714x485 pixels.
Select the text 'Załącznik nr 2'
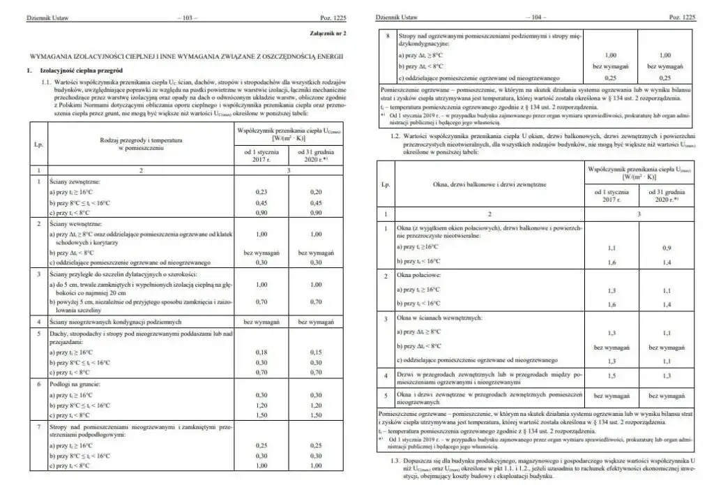[x=328, y=33]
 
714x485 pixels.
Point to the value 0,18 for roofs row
[x=262, y=353]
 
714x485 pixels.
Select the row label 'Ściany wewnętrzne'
[x=73, y=225]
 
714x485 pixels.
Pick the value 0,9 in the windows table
[x=667, y=247]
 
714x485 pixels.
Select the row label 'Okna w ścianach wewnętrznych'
[x=436, y=318]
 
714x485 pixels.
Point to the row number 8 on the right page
[x=386, y=33]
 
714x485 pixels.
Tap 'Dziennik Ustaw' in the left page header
[x=43, y=15]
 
